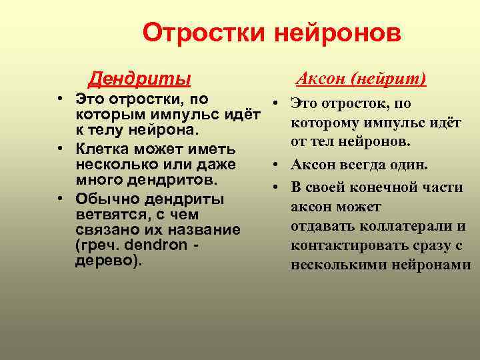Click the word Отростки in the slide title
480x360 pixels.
coord(205,33)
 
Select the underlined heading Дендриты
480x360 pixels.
coord(140,80)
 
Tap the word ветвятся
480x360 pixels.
coord(107,215)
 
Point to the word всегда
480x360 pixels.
coord(362,165)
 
